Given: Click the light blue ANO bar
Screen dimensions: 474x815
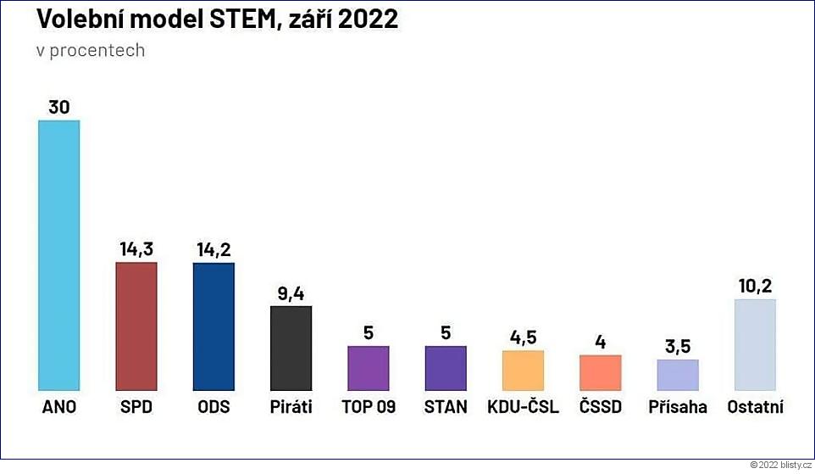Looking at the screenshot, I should (59, 254).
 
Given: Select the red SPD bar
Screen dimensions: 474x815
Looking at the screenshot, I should (136, 326).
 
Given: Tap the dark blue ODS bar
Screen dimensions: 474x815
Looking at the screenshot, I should (213, 326).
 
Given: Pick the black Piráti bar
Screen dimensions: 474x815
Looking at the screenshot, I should (291, 348).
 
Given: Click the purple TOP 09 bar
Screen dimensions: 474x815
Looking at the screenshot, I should (369, 368).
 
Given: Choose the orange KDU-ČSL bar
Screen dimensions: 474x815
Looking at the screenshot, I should (523, 370).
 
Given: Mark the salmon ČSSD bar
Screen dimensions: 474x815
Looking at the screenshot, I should (600, 372).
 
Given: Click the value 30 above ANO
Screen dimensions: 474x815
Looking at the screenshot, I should (59, 108).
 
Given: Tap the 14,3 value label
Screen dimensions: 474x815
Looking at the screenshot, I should (136, 249).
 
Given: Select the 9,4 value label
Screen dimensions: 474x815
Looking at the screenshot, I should (291, 293).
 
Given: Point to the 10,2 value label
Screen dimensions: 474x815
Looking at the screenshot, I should (754, 286).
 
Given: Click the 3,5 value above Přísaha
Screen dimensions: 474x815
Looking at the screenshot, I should (678, 347).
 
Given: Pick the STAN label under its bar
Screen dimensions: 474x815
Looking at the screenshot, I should (446, 407).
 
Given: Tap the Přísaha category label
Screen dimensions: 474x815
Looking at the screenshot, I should (678, 407).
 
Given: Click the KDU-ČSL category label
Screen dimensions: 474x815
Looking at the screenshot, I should (523, 407).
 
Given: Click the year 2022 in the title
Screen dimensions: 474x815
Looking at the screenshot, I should (368, 20).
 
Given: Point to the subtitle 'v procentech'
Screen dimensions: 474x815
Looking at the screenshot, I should (91, 50).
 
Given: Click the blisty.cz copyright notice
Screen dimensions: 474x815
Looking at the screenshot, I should (780, 465).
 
